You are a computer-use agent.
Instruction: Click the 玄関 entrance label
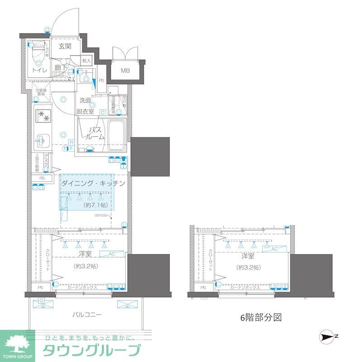click(x=65, y=46)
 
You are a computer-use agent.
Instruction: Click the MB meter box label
click(x=124, y=70)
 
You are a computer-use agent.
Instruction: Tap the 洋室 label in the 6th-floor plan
click(x=247, y=256)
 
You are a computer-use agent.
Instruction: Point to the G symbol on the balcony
click(x=42, y=300)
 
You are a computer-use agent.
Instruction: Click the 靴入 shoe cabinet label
click(x=86, y=60)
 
